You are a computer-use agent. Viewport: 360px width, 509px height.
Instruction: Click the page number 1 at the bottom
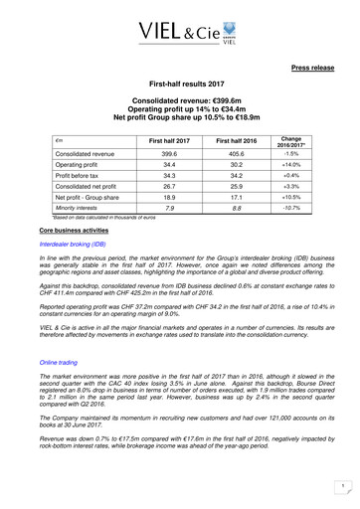[340, 485]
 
